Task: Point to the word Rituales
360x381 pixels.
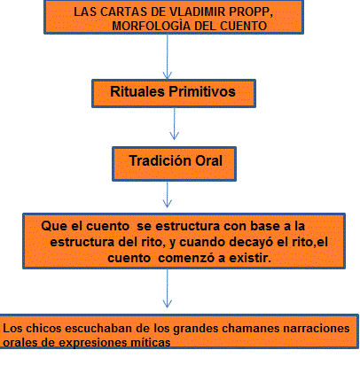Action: coord(137,91)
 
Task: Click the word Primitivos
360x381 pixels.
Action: coord(202,91)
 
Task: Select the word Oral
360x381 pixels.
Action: coord(208,161)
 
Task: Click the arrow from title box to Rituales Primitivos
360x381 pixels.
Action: coord(168,57)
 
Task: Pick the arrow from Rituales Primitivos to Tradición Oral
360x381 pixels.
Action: coord(174,123)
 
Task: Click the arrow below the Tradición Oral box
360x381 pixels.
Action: coord(168,194)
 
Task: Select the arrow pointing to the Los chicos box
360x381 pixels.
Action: coord(168,288)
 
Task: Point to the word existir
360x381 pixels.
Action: coord(250,258)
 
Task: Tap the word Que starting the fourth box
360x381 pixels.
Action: coord(54,227)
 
